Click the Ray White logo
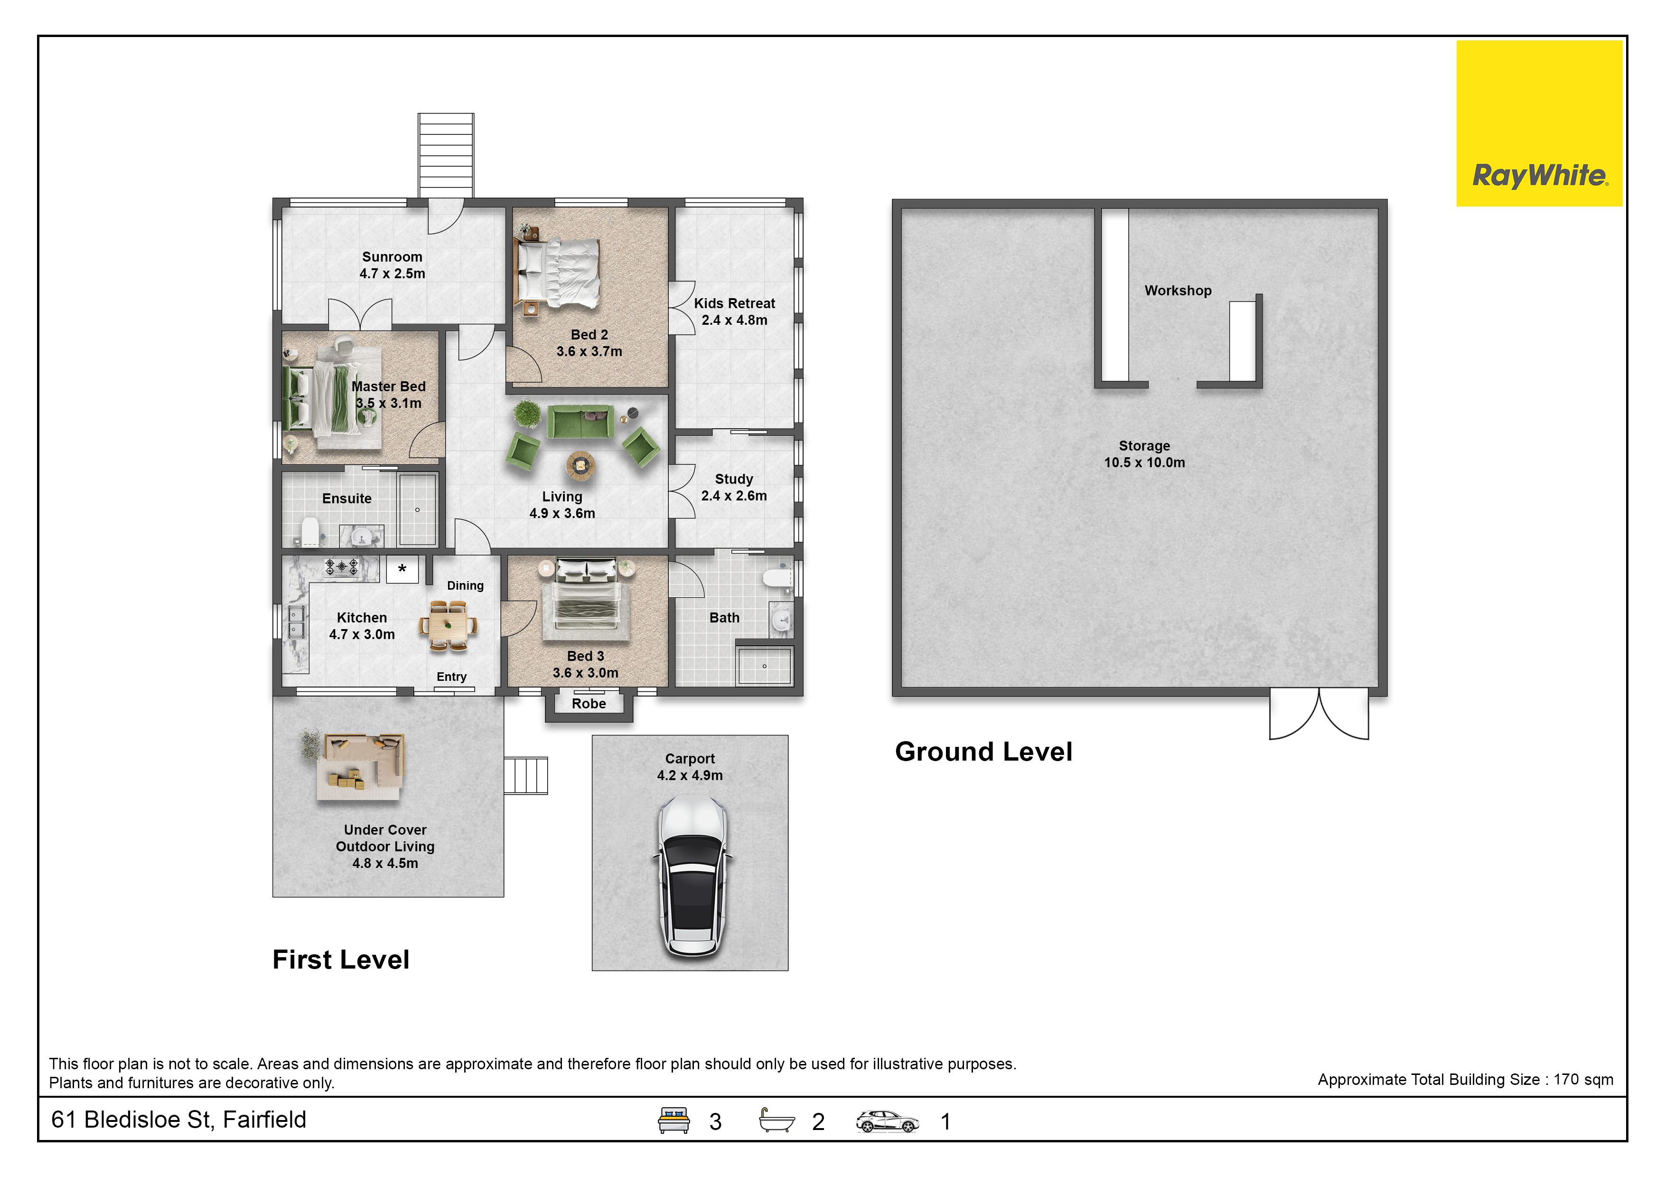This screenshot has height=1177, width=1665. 1539,123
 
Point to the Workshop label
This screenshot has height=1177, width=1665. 1178,291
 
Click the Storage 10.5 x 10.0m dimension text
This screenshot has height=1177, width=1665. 1144,462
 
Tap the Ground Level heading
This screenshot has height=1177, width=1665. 983,752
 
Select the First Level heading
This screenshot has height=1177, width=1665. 341,960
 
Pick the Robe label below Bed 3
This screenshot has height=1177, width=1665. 589,704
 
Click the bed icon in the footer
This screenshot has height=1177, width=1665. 673,1121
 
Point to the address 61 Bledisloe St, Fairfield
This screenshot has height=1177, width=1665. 178,1120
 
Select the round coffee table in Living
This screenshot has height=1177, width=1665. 581,464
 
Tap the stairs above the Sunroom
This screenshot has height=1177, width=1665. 446,155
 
